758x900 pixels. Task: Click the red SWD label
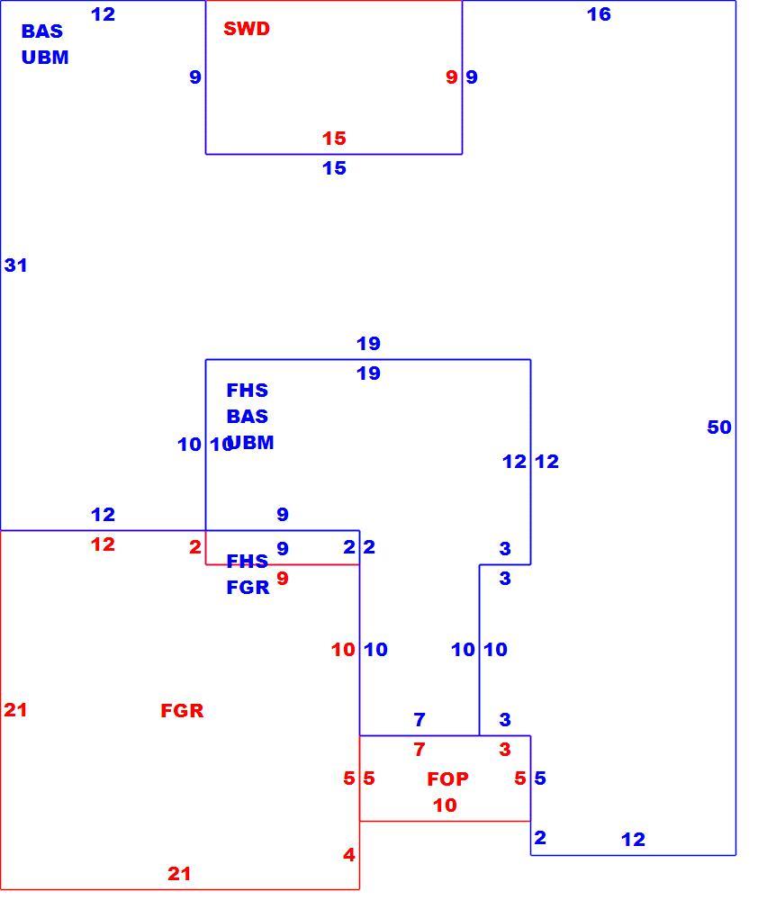point(247,29)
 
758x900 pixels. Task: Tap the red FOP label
point(447,778)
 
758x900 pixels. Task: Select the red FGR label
point(182,711)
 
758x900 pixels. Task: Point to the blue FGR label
point(248,587)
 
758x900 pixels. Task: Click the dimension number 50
point(719,427)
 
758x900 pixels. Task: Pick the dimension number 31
point(15,265)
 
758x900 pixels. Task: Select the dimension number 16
point(599,14)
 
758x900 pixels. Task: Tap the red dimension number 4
point(349,855)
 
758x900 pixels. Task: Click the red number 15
point(334,139)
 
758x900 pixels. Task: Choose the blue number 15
point(334,168)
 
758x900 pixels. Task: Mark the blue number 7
point(420,719)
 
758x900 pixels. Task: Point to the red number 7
point(420,749)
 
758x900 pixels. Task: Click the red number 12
point(103,544)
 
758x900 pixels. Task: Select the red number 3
point(505,749)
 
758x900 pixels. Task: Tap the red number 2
point(195,547)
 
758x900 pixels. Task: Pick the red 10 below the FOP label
point(445,805)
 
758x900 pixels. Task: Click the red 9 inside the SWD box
point(452,76)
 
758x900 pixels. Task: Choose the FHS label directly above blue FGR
point(248,561)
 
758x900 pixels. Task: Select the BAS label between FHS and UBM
point(248,416)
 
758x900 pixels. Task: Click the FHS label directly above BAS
point(248,391)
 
